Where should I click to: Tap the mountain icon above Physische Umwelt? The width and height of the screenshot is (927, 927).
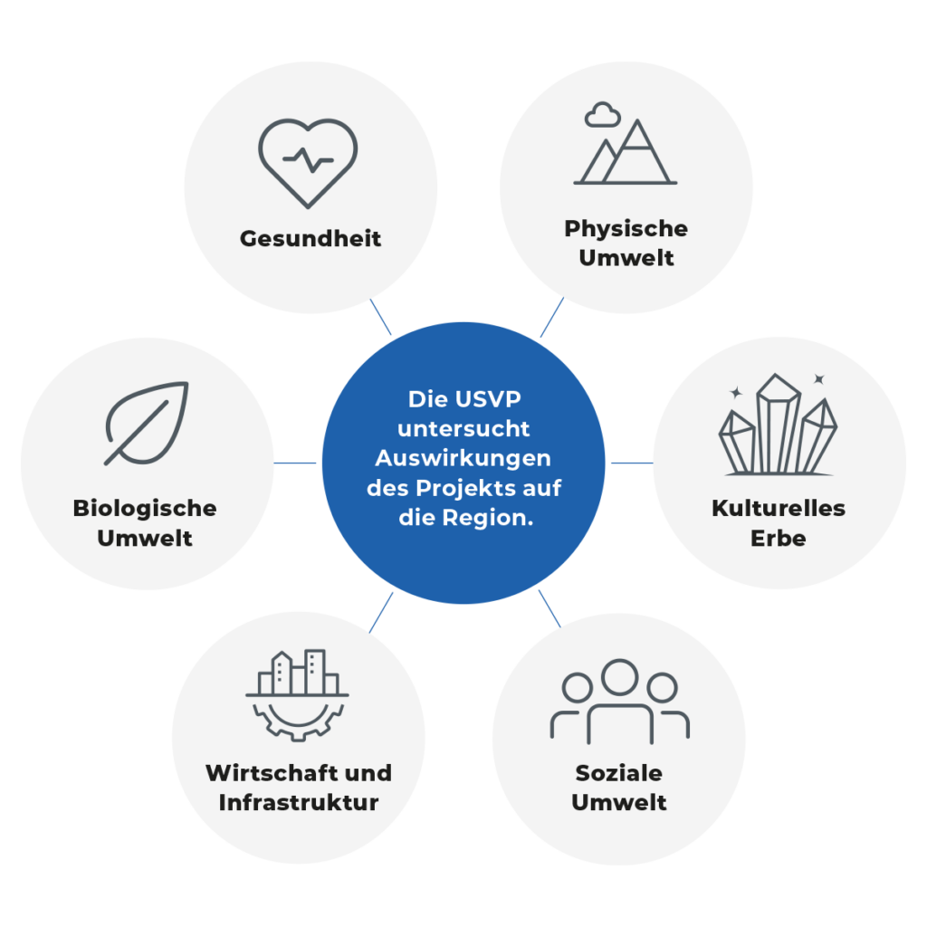tap(626, 154)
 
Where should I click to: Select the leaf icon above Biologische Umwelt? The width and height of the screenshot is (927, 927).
tap(147, 423)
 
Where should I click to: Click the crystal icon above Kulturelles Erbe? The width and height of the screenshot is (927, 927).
tap(778, 425)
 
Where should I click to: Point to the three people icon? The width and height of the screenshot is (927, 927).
tap(620, 701)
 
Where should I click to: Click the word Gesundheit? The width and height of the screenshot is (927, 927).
tap(311, 239)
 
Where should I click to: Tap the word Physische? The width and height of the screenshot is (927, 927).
tap(626, 229)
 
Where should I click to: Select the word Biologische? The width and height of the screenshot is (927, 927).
tap(145, 508)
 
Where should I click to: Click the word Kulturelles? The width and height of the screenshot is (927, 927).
tap(778, 508)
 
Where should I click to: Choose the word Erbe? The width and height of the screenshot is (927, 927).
tap(778, 538)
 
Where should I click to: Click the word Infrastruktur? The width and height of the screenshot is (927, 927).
tap(299, 803)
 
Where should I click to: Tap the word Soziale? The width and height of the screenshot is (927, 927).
tap(619, 773)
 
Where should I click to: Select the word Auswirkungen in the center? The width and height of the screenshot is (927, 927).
tap(463, 458)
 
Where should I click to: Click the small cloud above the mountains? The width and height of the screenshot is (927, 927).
tap(602, 115)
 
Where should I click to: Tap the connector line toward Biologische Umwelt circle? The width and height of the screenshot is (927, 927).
tap(295, 463)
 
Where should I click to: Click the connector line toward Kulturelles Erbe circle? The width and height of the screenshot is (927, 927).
tap(632, 463)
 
